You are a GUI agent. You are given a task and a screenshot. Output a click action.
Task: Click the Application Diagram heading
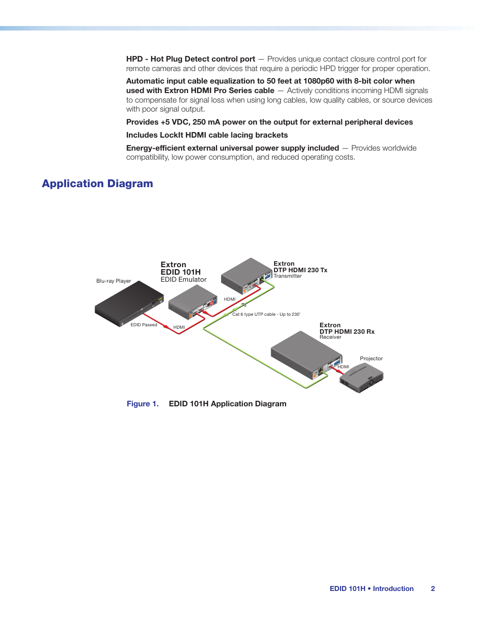coord(97,184)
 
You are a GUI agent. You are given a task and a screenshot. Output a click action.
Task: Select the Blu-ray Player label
coord(113,281)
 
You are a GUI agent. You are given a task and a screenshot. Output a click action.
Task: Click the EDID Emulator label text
coord(183,280)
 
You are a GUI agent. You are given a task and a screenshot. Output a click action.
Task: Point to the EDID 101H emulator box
coord(192,302)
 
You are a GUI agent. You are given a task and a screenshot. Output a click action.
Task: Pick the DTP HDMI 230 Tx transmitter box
coord(246,275)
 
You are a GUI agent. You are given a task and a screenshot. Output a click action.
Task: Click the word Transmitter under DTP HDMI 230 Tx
coord(287,276)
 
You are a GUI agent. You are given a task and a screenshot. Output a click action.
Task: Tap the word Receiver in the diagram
coord(330,337)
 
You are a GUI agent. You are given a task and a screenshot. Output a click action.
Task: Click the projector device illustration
coord(361,378)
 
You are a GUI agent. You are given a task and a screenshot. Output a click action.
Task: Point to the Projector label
coord(371,358)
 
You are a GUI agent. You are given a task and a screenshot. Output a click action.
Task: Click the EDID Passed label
coord(144,325)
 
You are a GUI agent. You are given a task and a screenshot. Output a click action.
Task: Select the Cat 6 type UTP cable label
coord(266,314)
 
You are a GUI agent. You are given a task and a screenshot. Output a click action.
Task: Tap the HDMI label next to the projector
coord(343,367)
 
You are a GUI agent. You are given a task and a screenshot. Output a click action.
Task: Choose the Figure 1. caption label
coord(142,404)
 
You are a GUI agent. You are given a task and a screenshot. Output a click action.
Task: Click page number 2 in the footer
coord(433,588)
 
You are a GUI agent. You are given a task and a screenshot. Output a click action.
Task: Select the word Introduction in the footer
coord(393,588)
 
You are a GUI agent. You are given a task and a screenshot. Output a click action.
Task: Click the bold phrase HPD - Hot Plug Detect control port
coord(190,59)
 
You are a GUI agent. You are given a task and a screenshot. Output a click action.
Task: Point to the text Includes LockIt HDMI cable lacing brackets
coord(207,135)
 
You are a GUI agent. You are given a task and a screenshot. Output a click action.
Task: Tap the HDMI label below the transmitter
coord(229,299)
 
